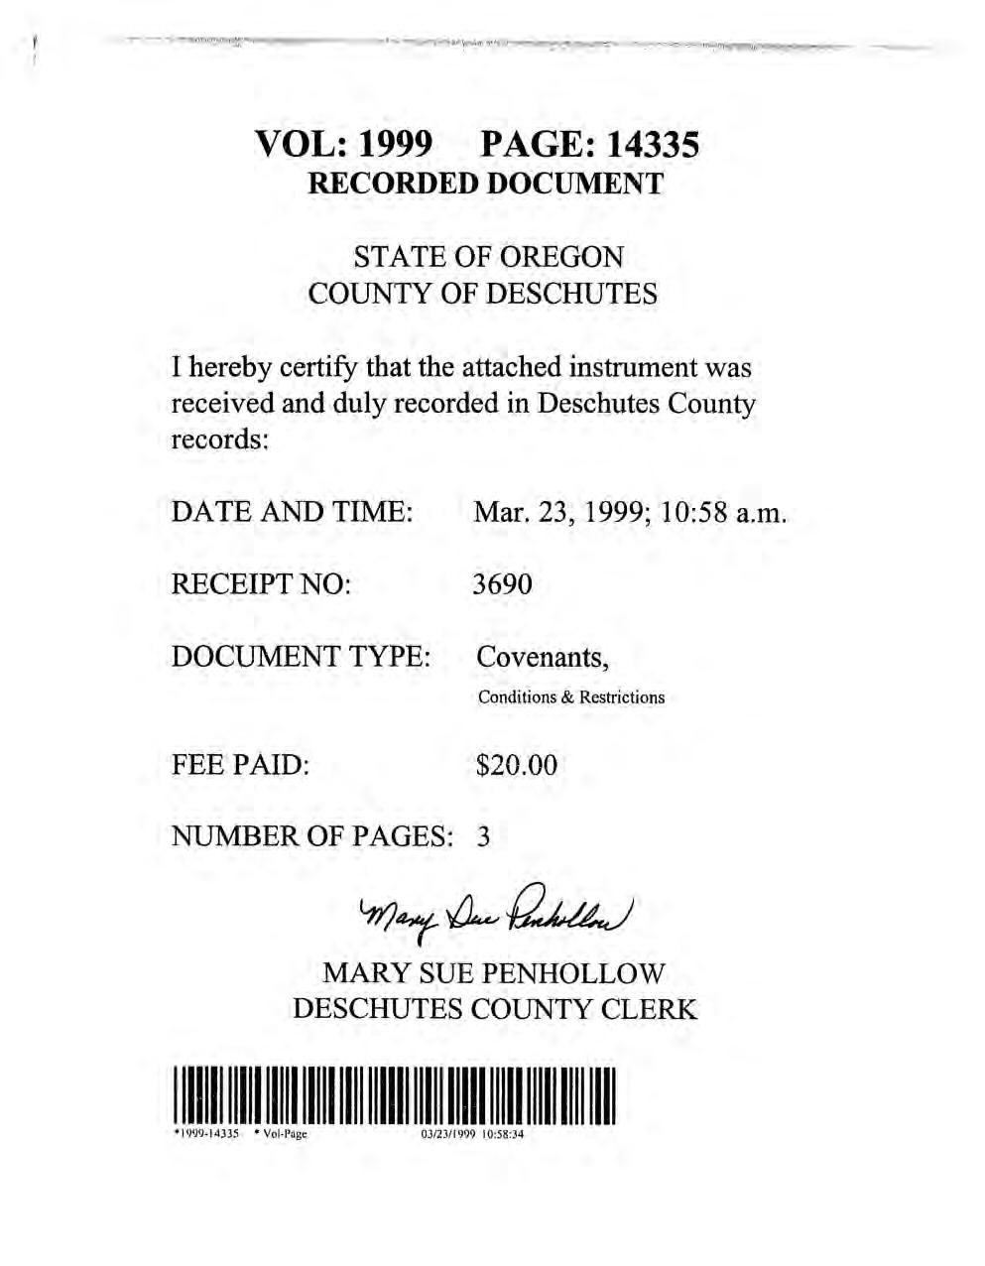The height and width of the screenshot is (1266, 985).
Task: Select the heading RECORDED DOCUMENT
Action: coord(485,184)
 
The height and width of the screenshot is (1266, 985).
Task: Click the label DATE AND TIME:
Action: coord(292,512)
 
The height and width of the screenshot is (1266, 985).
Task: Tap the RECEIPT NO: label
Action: coord(262,584)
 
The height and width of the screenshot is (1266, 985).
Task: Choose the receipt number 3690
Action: coord(503,584)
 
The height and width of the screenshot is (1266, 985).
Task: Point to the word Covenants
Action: coord(542,657)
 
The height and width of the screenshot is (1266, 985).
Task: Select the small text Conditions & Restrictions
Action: coord(570,697)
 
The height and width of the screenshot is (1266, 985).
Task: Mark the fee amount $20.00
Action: coord(517,765)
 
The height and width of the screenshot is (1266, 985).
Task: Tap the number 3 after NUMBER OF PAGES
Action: coord(483,836)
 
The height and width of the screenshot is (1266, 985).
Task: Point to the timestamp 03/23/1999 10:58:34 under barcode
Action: coord(465,1135)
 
